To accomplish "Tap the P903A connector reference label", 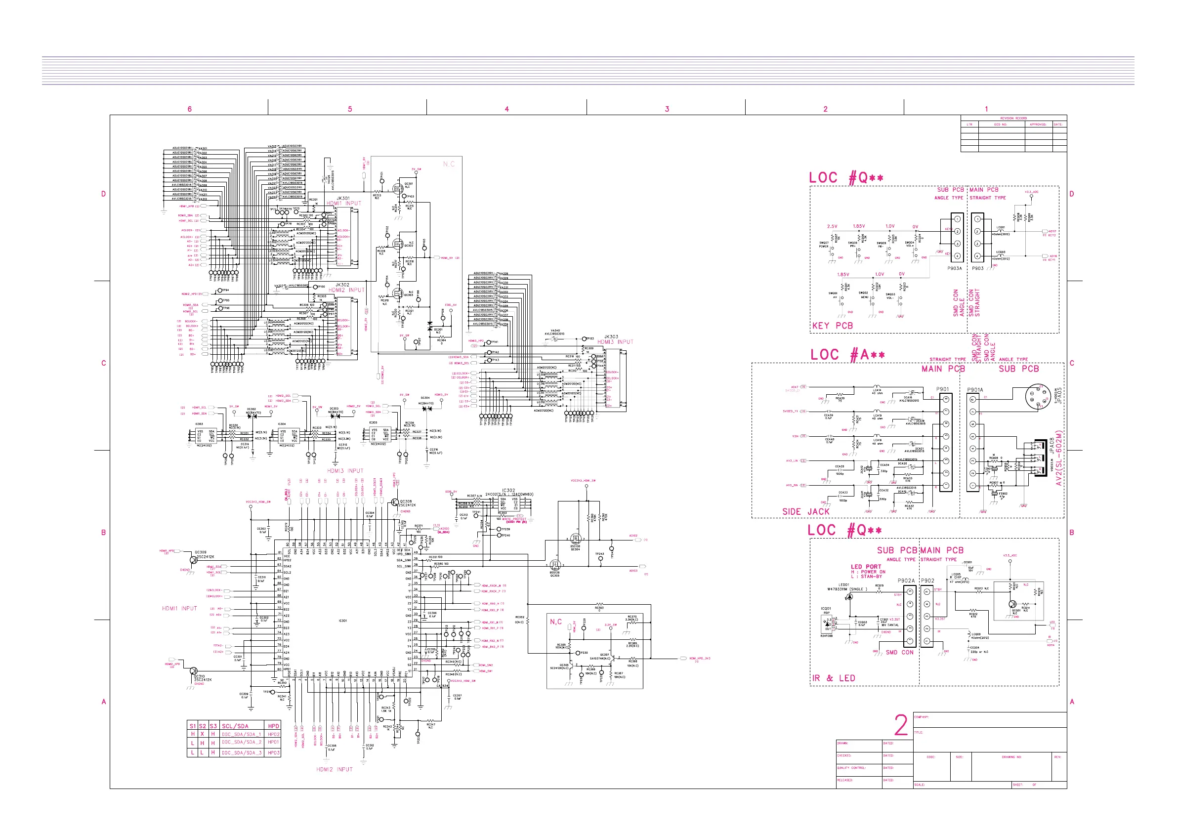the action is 955,268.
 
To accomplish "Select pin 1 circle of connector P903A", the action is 957,219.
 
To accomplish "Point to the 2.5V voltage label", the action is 832,226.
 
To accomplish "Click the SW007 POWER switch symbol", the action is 832,249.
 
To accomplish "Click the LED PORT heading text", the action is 866,567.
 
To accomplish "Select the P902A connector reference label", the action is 906,581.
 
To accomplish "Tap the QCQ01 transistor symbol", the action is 1013,604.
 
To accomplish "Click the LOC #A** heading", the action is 847,355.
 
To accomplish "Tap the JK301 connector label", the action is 343,198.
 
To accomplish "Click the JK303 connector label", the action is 611,337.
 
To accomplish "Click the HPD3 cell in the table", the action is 273,752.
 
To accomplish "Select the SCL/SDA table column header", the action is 235,726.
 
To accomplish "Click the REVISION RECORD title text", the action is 1013,119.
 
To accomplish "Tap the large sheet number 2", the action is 901,725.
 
